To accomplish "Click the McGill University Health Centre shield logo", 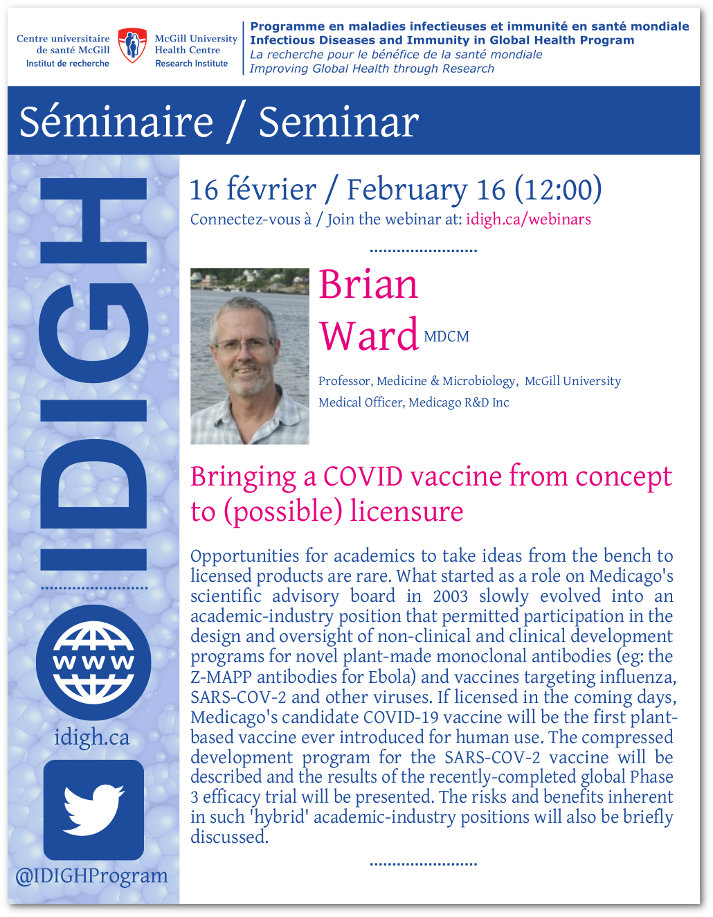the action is tap(132, 45).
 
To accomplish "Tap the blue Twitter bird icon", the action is tap(93, 810).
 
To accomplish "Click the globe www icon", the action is tap(93, 662).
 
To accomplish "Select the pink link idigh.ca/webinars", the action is tap(528, 220).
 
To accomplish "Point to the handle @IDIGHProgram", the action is tap(91, 876).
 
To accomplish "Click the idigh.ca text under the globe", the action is tap(92, 737).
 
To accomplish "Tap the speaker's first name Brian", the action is tap(368, 285).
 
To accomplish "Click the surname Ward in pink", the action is tap(368, 335).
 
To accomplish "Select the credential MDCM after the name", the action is tap(446, 337).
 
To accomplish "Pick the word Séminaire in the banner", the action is tap(116, 123).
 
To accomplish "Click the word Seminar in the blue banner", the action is tap(339, 123).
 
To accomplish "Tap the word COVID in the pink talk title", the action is tap(363, 477).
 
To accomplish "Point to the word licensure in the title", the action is tap(407, 511).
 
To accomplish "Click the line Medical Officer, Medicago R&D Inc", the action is tap(414, 402).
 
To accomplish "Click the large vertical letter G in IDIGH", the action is tap(93, 333).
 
